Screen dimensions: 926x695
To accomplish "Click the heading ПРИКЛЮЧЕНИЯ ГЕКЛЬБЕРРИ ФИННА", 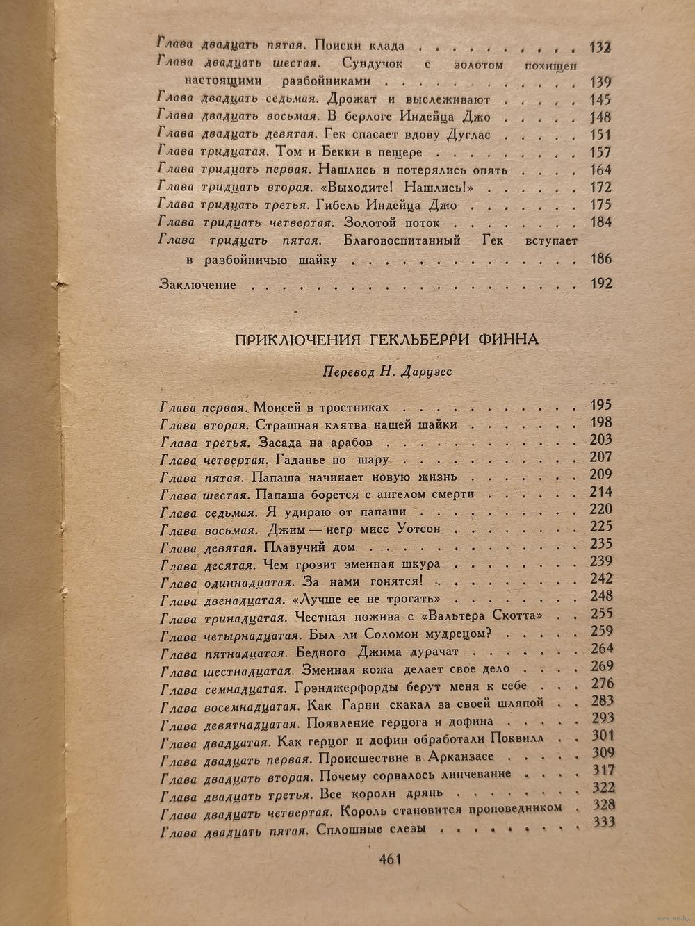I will click(x=386, y=340).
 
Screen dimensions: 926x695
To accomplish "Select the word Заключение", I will click(x=198, y=284).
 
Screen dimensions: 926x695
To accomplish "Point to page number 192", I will click(x=599, y=283).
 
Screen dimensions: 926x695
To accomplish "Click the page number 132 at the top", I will click(x=598, y=47).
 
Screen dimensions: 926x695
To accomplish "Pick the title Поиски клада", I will click(x=359, y=47).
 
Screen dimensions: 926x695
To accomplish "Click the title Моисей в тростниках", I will click(x=322, y=407).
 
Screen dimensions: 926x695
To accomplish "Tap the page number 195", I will click(x=600, y=405).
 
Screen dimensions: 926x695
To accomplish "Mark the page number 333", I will click(x=602, y=823).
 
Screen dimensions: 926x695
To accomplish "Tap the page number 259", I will click(x=601, y=631).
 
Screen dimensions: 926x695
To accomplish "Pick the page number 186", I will click(x=599, y=259).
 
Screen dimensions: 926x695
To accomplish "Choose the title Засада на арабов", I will click(x=315, y=442).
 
